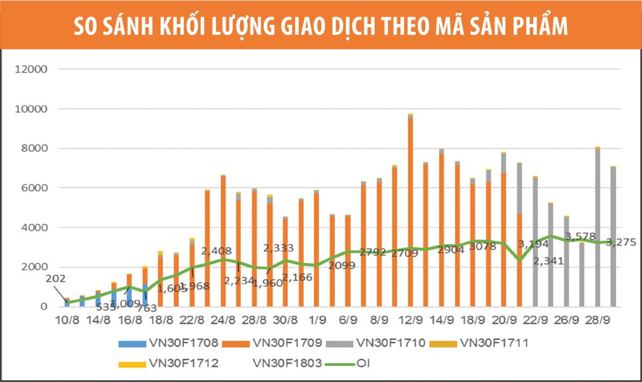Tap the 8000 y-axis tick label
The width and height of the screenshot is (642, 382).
[x=34, y=149]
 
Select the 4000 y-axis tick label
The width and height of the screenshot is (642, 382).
[x=34, y=228]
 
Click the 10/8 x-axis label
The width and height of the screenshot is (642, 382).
[x=67, y=318]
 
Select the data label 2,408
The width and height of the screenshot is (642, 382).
[x=216, y=251]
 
